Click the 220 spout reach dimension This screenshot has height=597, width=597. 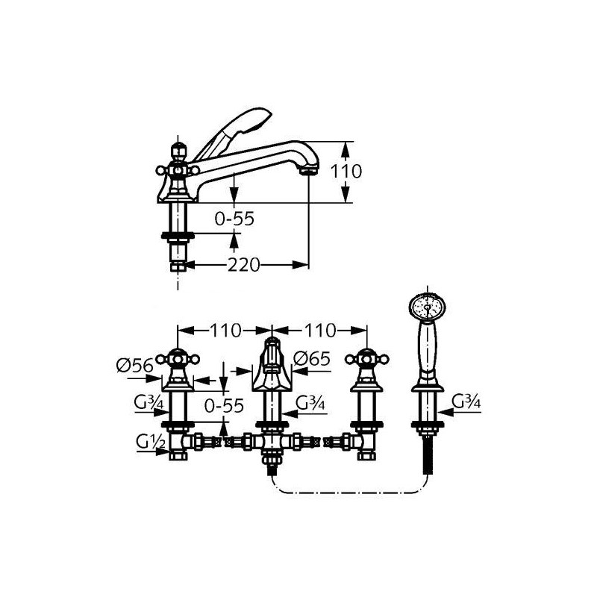(x=244, y=265)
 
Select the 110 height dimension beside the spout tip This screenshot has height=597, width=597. (x=346, y=172)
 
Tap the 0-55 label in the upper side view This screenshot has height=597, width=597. (x=234, y=219)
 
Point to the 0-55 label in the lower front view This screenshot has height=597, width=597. (x=224, y=406)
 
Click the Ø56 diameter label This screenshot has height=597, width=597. (x=135, y=366)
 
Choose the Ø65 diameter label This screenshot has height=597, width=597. (x=312, y=359)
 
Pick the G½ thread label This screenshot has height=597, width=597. (x=151, y=443)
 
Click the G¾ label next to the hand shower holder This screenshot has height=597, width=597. (x=466, y=401)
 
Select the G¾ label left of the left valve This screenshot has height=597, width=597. (x=149, y=403)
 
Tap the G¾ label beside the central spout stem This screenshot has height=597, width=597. (x=310, y=403)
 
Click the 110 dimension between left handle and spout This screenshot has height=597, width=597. (x=225, y=331)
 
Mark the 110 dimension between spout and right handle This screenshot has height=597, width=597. (x=320, y=331)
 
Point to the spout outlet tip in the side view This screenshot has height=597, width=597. (x=309, y=172)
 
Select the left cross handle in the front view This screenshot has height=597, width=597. (x=178, y=359)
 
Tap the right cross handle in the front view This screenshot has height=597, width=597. (x=366, y=359)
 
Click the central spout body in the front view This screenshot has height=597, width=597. (x=272, y=365)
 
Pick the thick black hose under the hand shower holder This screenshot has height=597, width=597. (x=428, y=455)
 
